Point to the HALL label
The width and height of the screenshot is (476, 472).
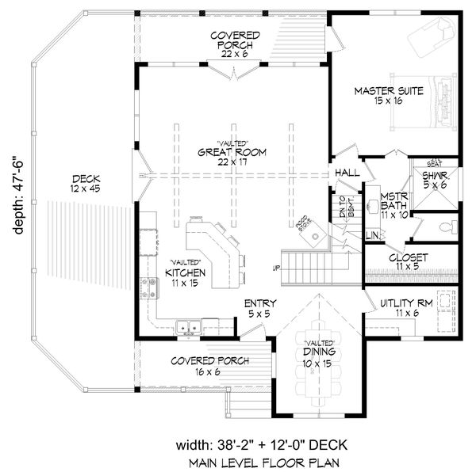[347, 172]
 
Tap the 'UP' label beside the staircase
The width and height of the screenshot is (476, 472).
[278, 267]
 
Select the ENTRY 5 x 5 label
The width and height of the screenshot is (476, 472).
[259, 308]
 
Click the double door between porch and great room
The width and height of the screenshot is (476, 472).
[234, 73]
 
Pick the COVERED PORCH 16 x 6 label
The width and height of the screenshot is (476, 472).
[209, 365]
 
